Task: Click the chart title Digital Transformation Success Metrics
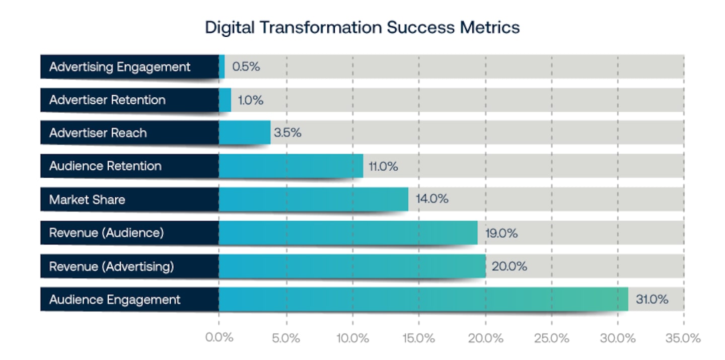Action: pyautogui.click(x=362, y=27)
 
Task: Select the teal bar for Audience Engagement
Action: pyautogui.click(x=423, y=300)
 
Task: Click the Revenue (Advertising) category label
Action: pyautogui.click(x=111, y=266)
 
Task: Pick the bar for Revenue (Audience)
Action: pyautogui.click(x=347, y=233)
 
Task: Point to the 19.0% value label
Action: pyautogui.click(x=501, y=233)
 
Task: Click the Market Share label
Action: pyautogui.click(x=87, y=199)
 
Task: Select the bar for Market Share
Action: pyautogui.click(x=313, y=199)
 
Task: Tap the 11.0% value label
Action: pyautogui.click(x=383, y=166)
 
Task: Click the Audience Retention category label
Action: pyautogui.click(x=105, y=166)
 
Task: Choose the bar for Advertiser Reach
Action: pyautogui.click(x=245, y=133)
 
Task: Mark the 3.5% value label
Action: pyautogui.click(x=287, y=133)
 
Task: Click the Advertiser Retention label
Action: pyautogui.click(x=107, y=100)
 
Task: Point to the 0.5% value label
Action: pyautogui.click(x=246, y=66)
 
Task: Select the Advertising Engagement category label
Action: pyautogui.click(x=120, y=66)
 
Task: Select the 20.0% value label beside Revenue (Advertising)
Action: pyautogui.click(x=509, y=266)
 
